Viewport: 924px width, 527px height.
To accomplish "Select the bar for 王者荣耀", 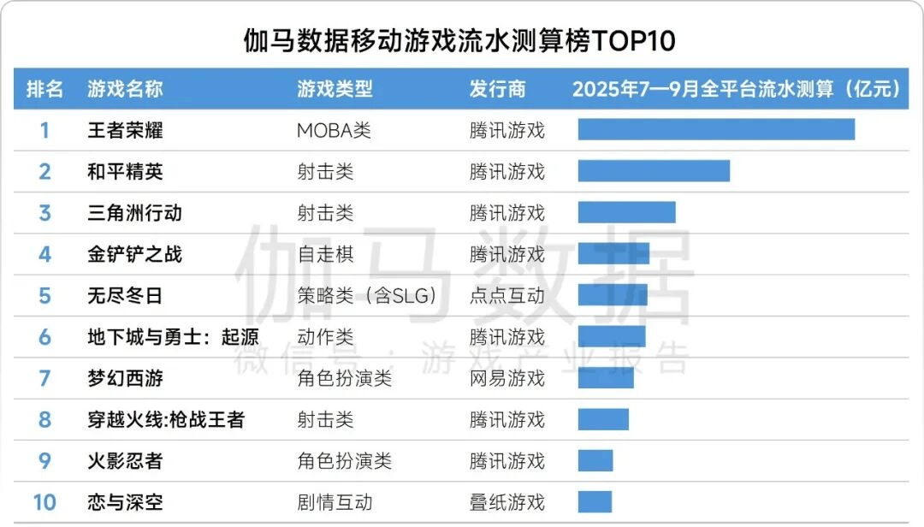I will (716, 129).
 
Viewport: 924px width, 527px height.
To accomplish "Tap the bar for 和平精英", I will (654, 171).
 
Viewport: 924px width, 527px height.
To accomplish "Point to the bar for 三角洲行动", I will (626, 212).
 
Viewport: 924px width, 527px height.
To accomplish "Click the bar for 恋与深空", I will (595, 501).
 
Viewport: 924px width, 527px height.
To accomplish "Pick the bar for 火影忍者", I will (595, 460).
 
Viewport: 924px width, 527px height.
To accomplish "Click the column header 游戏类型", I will (335, 89).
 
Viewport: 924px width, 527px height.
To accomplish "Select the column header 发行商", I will (497, 89).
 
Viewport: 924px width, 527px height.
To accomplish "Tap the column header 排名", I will (44, 89).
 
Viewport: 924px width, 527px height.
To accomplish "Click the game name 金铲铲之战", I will (134, 254).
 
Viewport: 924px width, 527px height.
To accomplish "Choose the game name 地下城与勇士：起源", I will (173, 336).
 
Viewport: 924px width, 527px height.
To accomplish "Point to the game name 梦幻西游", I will (125, 377).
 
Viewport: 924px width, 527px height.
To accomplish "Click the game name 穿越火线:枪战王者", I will (166, 419).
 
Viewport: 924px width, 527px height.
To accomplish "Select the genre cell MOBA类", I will (334, 130).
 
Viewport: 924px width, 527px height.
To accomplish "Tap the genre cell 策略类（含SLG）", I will (367, 295).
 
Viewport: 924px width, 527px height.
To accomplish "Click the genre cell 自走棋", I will (325, 254).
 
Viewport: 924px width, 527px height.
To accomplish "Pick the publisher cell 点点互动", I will (506, 295).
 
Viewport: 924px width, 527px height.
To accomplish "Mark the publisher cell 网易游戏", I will (506, 377).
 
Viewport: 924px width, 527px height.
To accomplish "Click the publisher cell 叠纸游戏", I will (506, 501).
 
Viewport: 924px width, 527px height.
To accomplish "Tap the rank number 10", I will (44, 501).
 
